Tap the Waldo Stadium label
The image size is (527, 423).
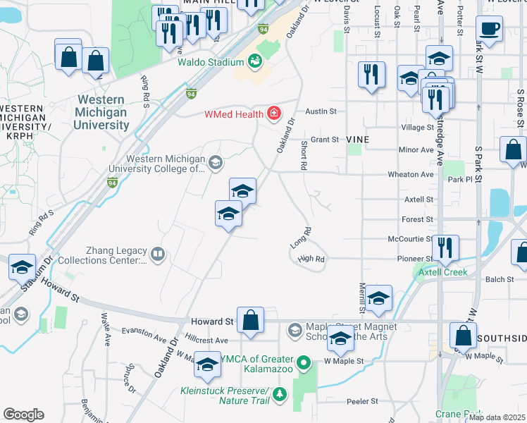click(210, 62)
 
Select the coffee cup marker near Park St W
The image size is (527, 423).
click(489, 30)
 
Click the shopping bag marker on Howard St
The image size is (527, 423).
click(250, 320)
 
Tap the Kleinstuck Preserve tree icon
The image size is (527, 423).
click(280, 393)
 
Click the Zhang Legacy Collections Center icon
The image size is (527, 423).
click(158, 254)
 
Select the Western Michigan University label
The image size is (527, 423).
click(102, 113)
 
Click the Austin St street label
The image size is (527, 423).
click(321, 111)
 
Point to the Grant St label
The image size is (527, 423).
click(325, 140)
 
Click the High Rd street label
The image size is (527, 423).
click(311, 259)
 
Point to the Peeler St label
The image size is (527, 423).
click(363, 401)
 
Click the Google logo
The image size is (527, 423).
click(23, 414)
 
